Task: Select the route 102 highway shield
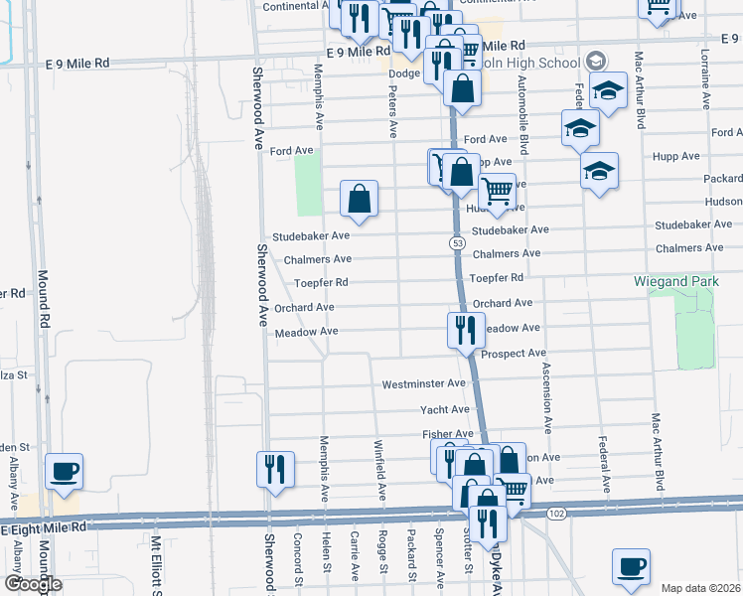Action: tap(556, 513)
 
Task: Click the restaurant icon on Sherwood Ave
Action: tap(274, 469)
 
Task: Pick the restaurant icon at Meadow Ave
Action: tap(465, 329)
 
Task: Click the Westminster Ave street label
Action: tap(424, 383)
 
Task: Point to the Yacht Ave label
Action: tap(445, 409)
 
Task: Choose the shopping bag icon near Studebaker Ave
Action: tap(359, 199)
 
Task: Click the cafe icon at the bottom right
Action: tap(631, 566)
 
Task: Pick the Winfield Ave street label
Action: tap(379, 469)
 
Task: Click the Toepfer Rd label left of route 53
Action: tap(321, 283)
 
